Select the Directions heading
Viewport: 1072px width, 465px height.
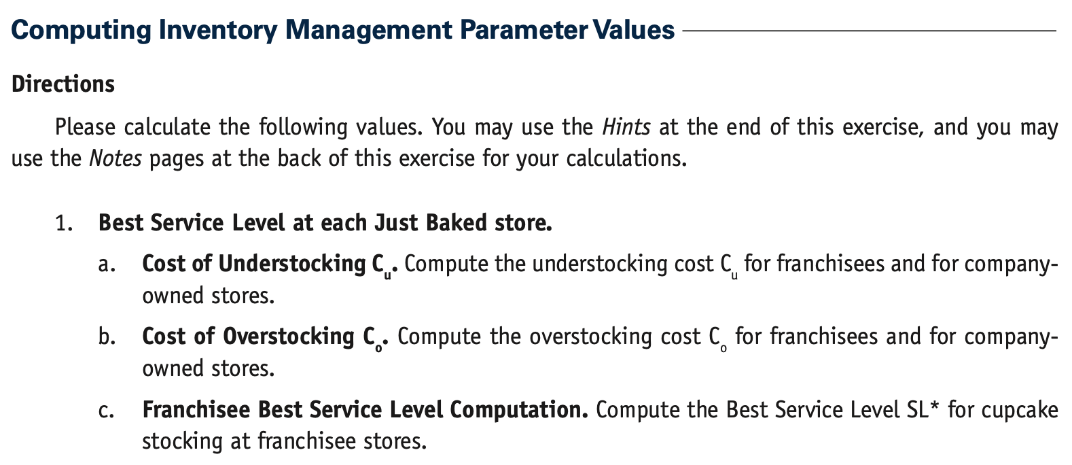coord(63,84)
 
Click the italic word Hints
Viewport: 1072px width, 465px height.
coord(626,127)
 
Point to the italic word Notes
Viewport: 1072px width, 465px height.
coord(115,159)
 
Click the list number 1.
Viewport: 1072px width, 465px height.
coord(63,223)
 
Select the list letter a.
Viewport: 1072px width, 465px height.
coord(105,264)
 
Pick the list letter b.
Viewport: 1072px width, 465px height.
coord(105,337)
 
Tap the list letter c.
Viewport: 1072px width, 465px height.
coord(105,410)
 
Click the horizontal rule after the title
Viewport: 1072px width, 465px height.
coord(870,31)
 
